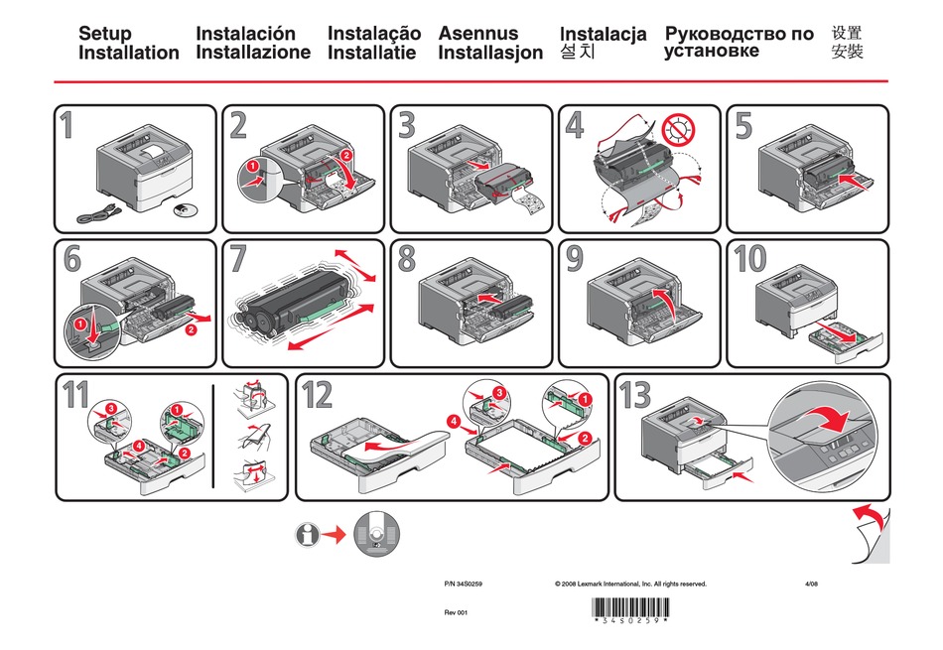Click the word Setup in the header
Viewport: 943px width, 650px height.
tap(104, 34)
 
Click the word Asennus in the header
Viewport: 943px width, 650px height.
tap(478, 33)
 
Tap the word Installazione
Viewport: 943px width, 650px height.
tap(253, 53)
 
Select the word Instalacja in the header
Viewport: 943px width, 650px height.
tap(603, 34)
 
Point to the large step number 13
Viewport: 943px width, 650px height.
tap(635, 395)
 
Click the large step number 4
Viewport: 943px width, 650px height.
tap(575, 127)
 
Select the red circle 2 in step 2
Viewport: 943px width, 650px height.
tap(345, 156)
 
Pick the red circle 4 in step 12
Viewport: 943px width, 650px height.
tap(455, 421)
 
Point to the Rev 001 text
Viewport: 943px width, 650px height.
tap(455, 612)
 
